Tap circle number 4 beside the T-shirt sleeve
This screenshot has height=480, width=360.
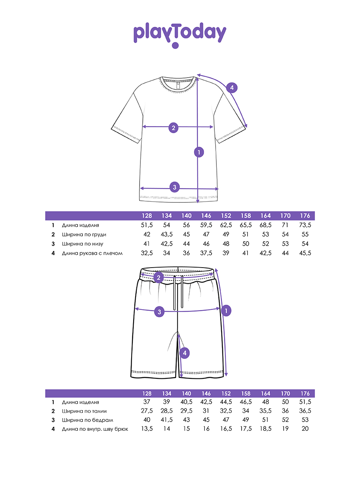pyautogui.click(x=232, y=88)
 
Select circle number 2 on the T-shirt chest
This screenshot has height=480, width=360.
pyautogui.click(x=173, y=128)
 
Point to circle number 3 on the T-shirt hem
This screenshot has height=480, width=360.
pyautogui.click(x=174, y=187)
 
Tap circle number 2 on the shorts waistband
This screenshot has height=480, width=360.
pyautogui.click(x=159, y=278)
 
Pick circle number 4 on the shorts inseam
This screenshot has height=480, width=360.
pyautogui.click(x=184, y=353)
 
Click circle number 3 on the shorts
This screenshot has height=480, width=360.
pyautogui.click(x=159, y=312)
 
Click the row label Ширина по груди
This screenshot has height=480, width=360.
pyautogui.click(x=84, y=234)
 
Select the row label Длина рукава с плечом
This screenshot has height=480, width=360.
pyautogui.click(x=92, y=253)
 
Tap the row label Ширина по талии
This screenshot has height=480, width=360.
pyautogui.click(x=84, y=411)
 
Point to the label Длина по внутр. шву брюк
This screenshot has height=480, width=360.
pyautogui.click(x=95, y=429)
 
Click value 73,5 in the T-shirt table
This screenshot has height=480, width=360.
pyautogui.click(x=304, y=225)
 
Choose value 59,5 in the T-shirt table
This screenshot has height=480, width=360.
pyautogui.click(x=206, y=225)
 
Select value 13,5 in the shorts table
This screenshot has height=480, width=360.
pyautogui.click(x=147, y=429)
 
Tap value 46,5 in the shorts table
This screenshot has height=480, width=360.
pyautogui.click(x=246, y=402)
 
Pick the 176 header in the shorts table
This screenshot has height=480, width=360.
pyautogui.click(x=304, y=393)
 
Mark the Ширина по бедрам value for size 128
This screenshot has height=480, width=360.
pyautogui.click(x=147, y=420)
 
